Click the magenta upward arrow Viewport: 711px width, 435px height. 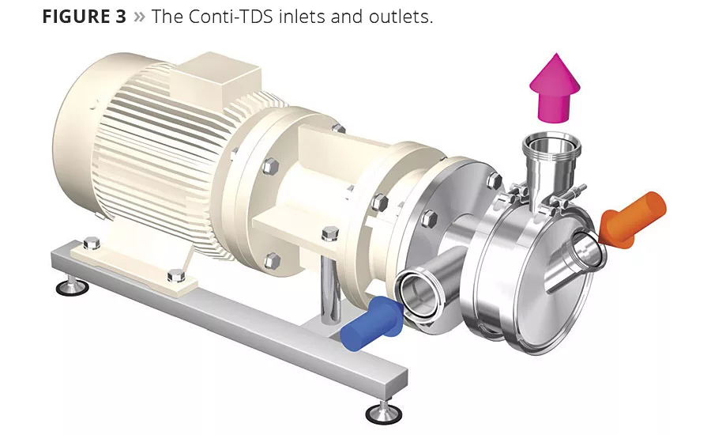(x=555, y=88)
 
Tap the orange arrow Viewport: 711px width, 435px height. (x=632, y=221)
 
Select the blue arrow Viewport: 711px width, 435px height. (x=371, y=323)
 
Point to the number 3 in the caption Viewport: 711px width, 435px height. (x=120, y=17)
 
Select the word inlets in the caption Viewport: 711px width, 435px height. (x=302, y=17)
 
